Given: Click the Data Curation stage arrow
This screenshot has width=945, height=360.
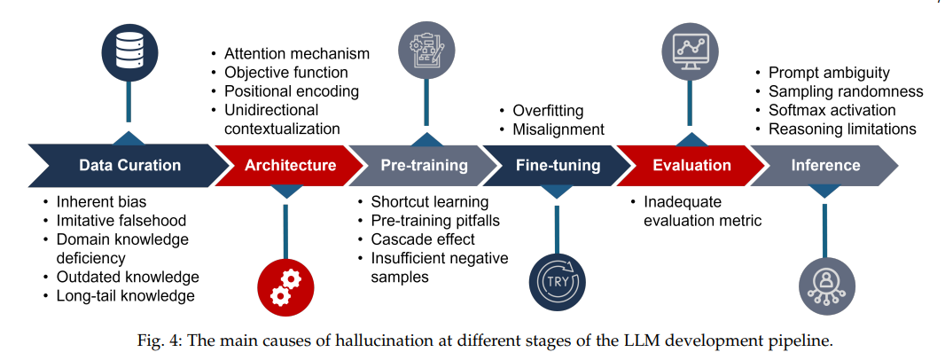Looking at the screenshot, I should (129, 165).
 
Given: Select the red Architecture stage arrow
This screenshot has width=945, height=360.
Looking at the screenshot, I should (291, 165).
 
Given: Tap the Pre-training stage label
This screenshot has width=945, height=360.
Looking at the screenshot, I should (424, 165).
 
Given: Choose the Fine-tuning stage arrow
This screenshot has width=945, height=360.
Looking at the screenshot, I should (558, 165).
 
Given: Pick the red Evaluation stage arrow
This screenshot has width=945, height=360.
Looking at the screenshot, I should (691, 165).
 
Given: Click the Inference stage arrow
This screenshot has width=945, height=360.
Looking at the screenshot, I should (825, 165).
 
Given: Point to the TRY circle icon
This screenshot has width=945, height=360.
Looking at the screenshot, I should (556, 281).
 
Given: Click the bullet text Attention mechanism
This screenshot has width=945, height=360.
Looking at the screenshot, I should (296, 53).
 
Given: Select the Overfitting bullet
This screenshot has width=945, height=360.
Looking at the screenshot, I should (548, 111).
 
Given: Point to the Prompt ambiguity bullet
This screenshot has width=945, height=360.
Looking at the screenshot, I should (829, 73).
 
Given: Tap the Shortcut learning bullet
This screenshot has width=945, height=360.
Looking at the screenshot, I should (430, 202).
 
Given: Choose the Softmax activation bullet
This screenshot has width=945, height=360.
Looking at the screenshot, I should (832, 110).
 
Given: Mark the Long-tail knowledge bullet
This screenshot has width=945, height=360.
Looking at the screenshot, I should (124, 295).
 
